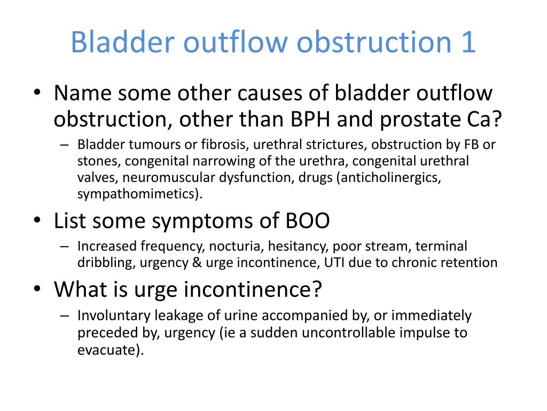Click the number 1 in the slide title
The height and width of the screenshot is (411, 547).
[467, 42]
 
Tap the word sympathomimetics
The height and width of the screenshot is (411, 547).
[138, 193]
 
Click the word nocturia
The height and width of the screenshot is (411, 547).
[235, 246]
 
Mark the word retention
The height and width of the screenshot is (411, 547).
[471, 262]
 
